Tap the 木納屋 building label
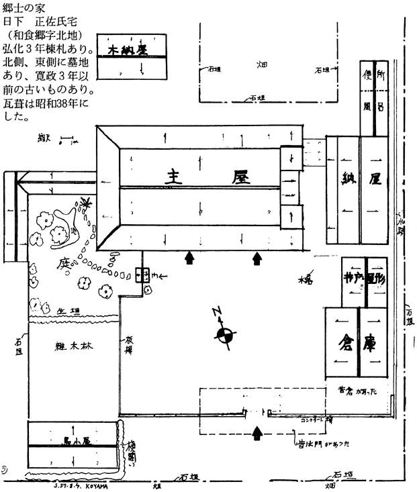click(128, 50)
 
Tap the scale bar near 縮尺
click(66, 142)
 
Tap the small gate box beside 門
click(142, 275)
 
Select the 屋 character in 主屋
click(240, 177)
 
